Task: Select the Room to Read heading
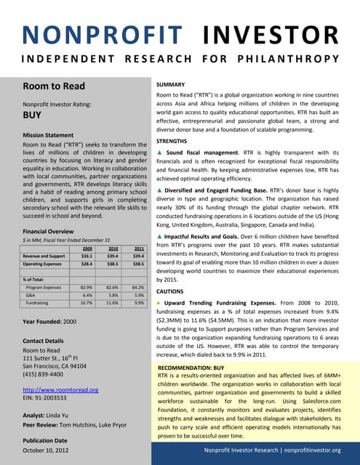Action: tap(54, 86)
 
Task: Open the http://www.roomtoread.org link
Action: tap(60, 390)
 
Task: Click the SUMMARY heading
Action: tap(173, 85)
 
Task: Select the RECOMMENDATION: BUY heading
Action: tap(191, 368)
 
